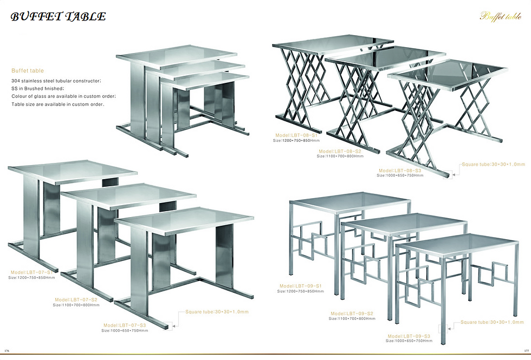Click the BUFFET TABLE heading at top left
[58, 17]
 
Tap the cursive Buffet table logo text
[500, 16]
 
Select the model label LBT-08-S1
[297, 134]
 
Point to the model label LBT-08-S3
[400, 170]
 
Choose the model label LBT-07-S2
[76, 299]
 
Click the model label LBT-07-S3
[125, 325]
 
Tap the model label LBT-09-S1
[301, 286]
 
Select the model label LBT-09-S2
[352, 313]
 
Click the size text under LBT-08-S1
[296, 140]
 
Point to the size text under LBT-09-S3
[409, 341]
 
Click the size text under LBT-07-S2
[76, 305]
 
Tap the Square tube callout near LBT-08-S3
[493, 163]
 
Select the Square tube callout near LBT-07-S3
[217, 312]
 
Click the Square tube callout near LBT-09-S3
[493, 322]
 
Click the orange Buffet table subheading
[28, 70]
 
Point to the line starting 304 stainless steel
[56, 81]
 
